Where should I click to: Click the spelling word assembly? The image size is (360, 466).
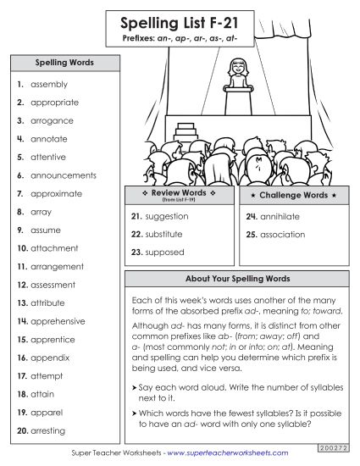pos(49,85)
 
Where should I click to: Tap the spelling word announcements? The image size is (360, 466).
pos(64,175)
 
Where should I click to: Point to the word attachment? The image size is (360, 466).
pos(54,248)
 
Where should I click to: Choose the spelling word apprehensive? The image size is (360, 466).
pos(58,321)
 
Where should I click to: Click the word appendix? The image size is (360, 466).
pos(51,358)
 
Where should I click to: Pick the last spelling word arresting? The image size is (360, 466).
pos(51,430)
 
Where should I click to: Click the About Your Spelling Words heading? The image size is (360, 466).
pos(237,279)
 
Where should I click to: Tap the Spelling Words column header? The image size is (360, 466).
pos(64,63)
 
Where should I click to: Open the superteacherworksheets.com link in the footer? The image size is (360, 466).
pos(223,454)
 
